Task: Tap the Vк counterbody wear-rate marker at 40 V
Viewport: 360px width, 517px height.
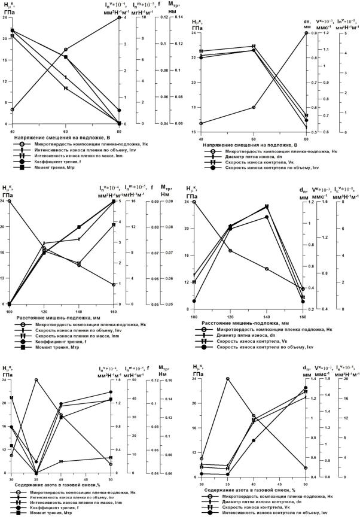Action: pos(200,51)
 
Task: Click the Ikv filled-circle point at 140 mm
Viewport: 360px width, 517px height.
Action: pos(267,217)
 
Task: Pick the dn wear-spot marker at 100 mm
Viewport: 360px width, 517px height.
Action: pos(194,281)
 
